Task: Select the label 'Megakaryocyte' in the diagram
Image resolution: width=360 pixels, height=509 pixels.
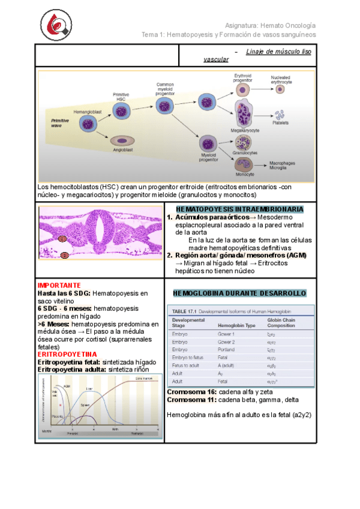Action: tap(245, 129)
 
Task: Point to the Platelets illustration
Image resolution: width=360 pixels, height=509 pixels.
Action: tap(280, 115)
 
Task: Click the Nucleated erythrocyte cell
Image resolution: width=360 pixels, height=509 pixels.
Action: tap(280, 89)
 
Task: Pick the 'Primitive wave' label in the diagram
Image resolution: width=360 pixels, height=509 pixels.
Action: tap(60, 123)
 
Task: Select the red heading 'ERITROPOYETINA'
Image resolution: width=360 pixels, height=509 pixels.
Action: tap(62, 355)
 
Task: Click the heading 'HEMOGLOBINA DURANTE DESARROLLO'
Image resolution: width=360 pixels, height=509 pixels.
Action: tap(240, 293)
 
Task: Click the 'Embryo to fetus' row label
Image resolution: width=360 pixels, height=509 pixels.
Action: tap(188, 357)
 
